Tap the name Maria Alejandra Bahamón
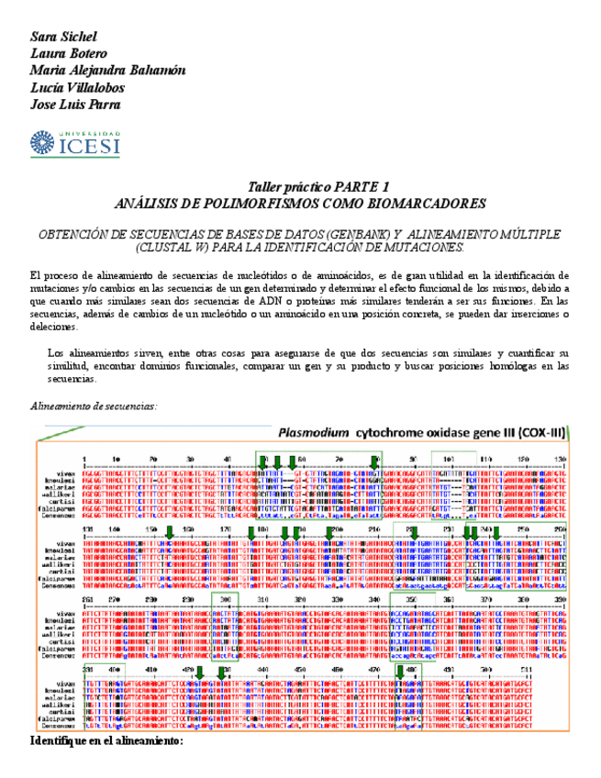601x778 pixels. click(107, 71)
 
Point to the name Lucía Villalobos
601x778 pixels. click(77, 87)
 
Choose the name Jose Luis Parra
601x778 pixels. click(75, 104)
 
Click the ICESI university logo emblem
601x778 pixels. click(43, 143)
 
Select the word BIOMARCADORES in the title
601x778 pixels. click(429, 203)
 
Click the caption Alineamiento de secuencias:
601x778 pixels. click(94, 405)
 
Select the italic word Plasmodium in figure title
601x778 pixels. click(315, 433)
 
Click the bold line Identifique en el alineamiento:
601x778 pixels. click(106, 739)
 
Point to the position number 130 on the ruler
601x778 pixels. click(562, 457)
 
